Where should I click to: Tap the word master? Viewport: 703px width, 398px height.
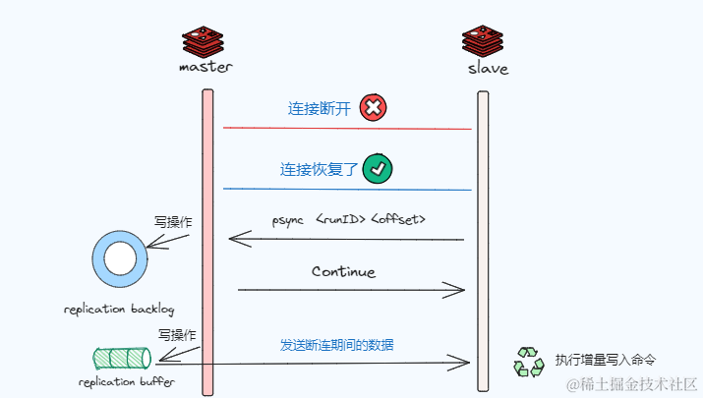206,69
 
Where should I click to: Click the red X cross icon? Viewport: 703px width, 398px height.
373,107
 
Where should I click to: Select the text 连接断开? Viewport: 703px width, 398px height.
319,108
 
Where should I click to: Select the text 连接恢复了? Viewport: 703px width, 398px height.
320,169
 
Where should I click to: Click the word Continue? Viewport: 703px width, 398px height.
343,271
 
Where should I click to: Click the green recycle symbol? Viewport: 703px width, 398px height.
528,362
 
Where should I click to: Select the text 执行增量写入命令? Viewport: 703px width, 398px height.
605,360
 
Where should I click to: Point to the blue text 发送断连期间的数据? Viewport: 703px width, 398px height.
337,346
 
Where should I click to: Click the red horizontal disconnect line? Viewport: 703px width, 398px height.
347,129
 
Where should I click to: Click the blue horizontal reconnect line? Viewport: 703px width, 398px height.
347,189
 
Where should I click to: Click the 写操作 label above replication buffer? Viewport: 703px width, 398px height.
176,334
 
